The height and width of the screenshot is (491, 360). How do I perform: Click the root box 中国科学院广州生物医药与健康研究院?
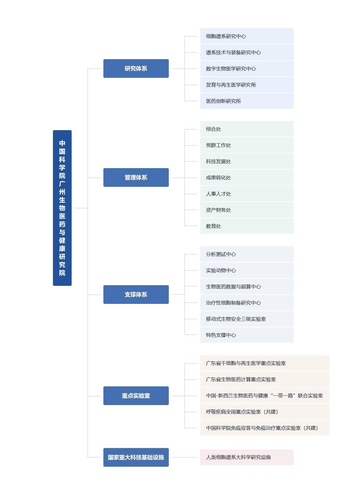click(x=62, y=208)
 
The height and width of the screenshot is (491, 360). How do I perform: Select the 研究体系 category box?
click(x=136, y=68)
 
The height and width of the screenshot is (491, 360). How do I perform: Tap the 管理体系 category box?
click(x=136, y=177)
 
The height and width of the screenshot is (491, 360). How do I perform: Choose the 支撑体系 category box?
click(x=136, y=294)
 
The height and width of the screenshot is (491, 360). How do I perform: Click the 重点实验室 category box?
click(x=136, y=396)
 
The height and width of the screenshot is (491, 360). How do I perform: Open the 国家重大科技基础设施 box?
click(x=136, y=457)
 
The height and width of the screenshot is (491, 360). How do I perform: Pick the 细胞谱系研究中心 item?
click(x=247, y=36)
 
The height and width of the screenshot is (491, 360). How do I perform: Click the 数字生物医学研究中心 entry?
click(x=247, y=68)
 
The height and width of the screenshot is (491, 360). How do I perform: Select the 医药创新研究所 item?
click(x=247, y=101)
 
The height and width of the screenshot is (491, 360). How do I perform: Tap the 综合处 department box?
click(x=247, y=129)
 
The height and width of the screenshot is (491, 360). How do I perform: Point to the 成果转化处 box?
click(x=247, y=177)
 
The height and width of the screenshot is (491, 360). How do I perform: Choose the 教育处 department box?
click(x=247, y=226)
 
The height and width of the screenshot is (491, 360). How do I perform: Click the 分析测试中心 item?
click(x=247, y=254)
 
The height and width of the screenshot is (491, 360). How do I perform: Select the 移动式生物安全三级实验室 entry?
click(x=247, y=319)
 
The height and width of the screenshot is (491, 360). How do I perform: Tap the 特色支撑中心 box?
click(x=247, y=335)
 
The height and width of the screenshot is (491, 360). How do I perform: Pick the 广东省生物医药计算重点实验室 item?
click(x=265, y=379)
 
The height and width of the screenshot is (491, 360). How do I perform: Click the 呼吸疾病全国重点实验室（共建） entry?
click(x=265, y=412)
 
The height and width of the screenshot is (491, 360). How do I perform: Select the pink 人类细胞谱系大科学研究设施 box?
click(x=247, y=457)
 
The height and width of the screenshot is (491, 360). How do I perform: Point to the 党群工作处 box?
click(x=247, y=145)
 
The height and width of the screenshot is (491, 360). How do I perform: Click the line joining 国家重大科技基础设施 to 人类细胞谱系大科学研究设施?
click(x=184, y=457)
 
